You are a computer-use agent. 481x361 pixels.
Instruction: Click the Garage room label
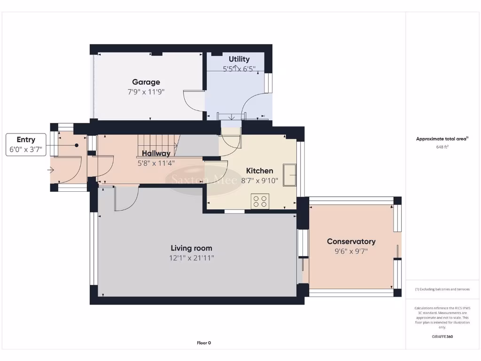pyautogui.click(x=146, y=82)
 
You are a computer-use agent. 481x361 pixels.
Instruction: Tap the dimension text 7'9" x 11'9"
pyautogui.click(x=146, y=92)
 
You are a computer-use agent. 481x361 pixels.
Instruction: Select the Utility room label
pyautogui.click(x=239, y=59)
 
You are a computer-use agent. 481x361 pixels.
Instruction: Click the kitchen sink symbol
pyautogui.click(x=289, y=175)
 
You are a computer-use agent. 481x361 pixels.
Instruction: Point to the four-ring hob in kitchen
pyautogui.click(x=260, y=201)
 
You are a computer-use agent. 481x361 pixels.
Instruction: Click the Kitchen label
pyautogui.click(x=260, y=171)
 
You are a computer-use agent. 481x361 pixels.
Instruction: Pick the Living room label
pyautogui.click(x=191, y=248)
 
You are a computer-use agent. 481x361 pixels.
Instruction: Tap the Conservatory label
pyautogui.click(x=351, y=241)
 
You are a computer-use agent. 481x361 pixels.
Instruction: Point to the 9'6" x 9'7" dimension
pyautogui.click(x=351, y=251)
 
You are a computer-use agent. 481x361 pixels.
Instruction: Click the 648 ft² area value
pyautogui.click(x=442, y=147)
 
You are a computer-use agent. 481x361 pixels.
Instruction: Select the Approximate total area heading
pyautogui.click(x=442, y=139)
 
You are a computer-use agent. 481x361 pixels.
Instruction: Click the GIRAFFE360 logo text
pyautogui.click(x=442, y=337)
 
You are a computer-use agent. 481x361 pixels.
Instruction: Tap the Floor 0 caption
pyautogui.click(x=203, y=343)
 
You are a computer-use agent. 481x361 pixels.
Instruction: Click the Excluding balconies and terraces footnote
pyautogui.click(x=442, y=289)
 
